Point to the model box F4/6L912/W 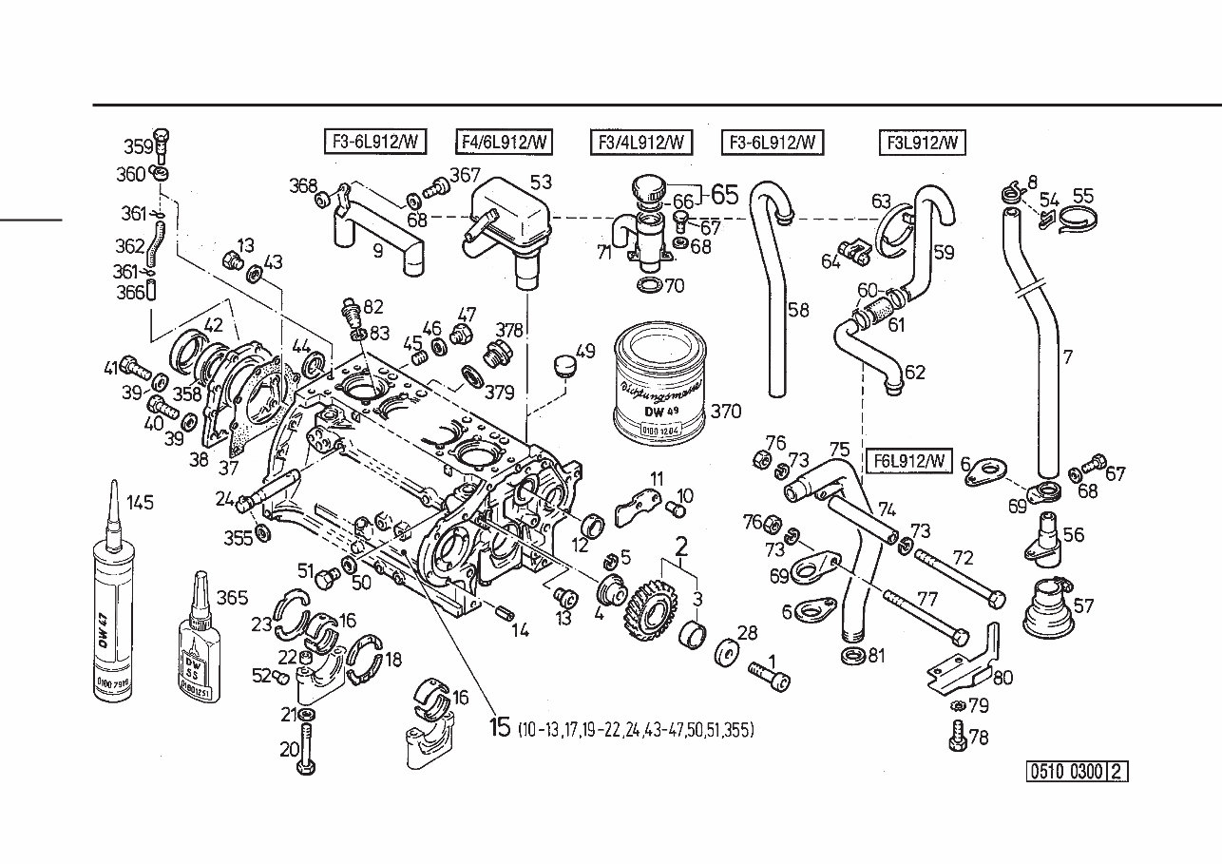tap(504, 143)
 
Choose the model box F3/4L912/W tap(640, 143)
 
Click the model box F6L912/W tap(908, 461)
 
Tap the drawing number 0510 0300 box tap(1066, 772)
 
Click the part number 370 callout tap(727, 412)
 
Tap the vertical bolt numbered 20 tap(306, 745)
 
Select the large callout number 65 tap(724, 195)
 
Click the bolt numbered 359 tap(161, 144)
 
